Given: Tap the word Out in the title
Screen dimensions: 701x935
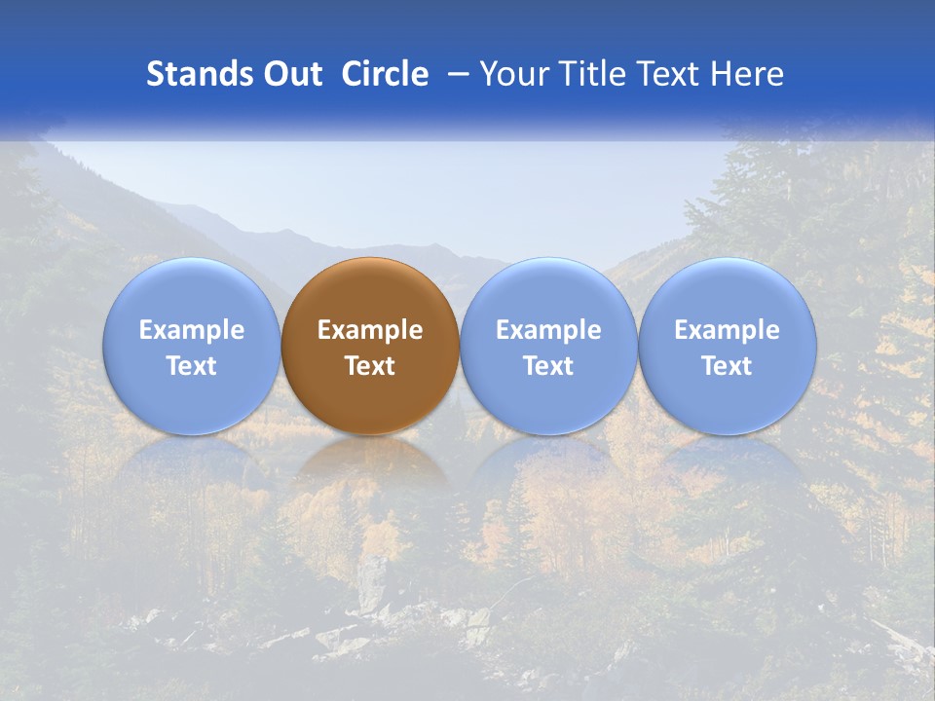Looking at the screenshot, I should pos(291,74).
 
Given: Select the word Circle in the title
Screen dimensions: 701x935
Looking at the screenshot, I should pos(385,74).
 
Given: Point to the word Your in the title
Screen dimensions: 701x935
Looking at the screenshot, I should pos(511,74).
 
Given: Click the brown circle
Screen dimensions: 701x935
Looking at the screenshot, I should pos(370,292).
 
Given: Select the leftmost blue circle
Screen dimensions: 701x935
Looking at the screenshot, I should pos(191,292).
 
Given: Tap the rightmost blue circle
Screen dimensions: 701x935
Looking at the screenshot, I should pos(728,292).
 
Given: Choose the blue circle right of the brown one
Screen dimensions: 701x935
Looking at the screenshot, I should pos(548,292).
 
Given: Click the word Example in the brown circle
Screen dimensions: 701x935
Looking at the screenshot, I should pos(370,331).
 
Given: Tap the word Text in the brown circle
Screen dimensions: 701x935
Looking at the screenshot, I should pos(370,366).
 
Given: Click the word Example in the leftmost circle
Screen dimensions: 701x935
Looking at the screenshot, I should pos(191,331).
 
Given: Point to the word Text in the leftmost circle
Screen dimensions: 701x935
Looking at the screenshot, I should pos(191,366).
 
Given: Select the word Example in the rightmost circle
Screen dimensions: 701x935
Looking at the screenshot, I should pos(728,331).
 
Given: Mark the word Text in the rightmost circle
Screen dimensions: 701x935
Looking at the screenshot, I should pos(728,366).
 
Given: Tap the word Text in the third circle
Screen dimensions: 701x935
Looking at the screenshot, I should pos(548,366).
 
